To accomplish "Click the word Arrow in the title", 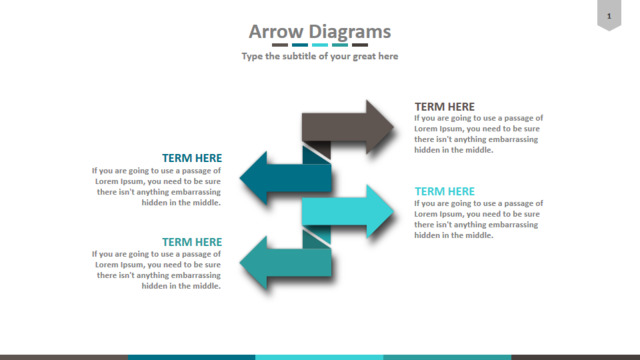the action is click(276, 31).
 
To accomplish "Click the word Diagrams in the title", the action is click(349, 31).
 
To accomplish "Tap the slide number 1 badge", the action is click(609, 15).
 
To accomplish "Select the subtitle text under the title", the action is click(320, 56).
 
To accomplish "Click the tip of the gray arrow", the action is click(394, 127).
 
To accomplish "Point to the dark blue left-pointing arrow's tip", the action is click(240, 178).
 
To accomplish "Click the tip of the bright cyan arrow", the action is click(394, 211).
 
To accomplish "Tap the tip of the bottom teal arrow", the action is click(240, 263).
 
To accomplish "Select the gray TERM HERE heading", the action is click(444, 107).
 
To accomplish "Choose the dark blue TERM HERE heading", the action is click(192, 158).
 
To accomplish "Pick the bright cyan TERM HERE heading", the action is click(444, 191).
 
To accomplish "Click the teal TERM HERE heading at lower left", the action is click(192, 242).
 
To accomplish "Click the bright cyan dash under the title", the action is click(320, 45).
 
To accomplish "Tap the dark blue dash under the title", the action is click(300, 45).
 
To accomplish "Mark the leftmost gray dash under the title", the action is click(280, 45).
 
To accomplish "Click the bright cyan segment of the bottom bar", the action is click(320, 358).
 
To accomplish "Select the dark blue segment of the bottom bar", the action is click(192, 358).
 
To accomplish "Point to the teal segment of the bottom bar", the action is click(447, 358).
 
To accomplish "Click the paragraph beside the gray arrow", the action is click(479, 134).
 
